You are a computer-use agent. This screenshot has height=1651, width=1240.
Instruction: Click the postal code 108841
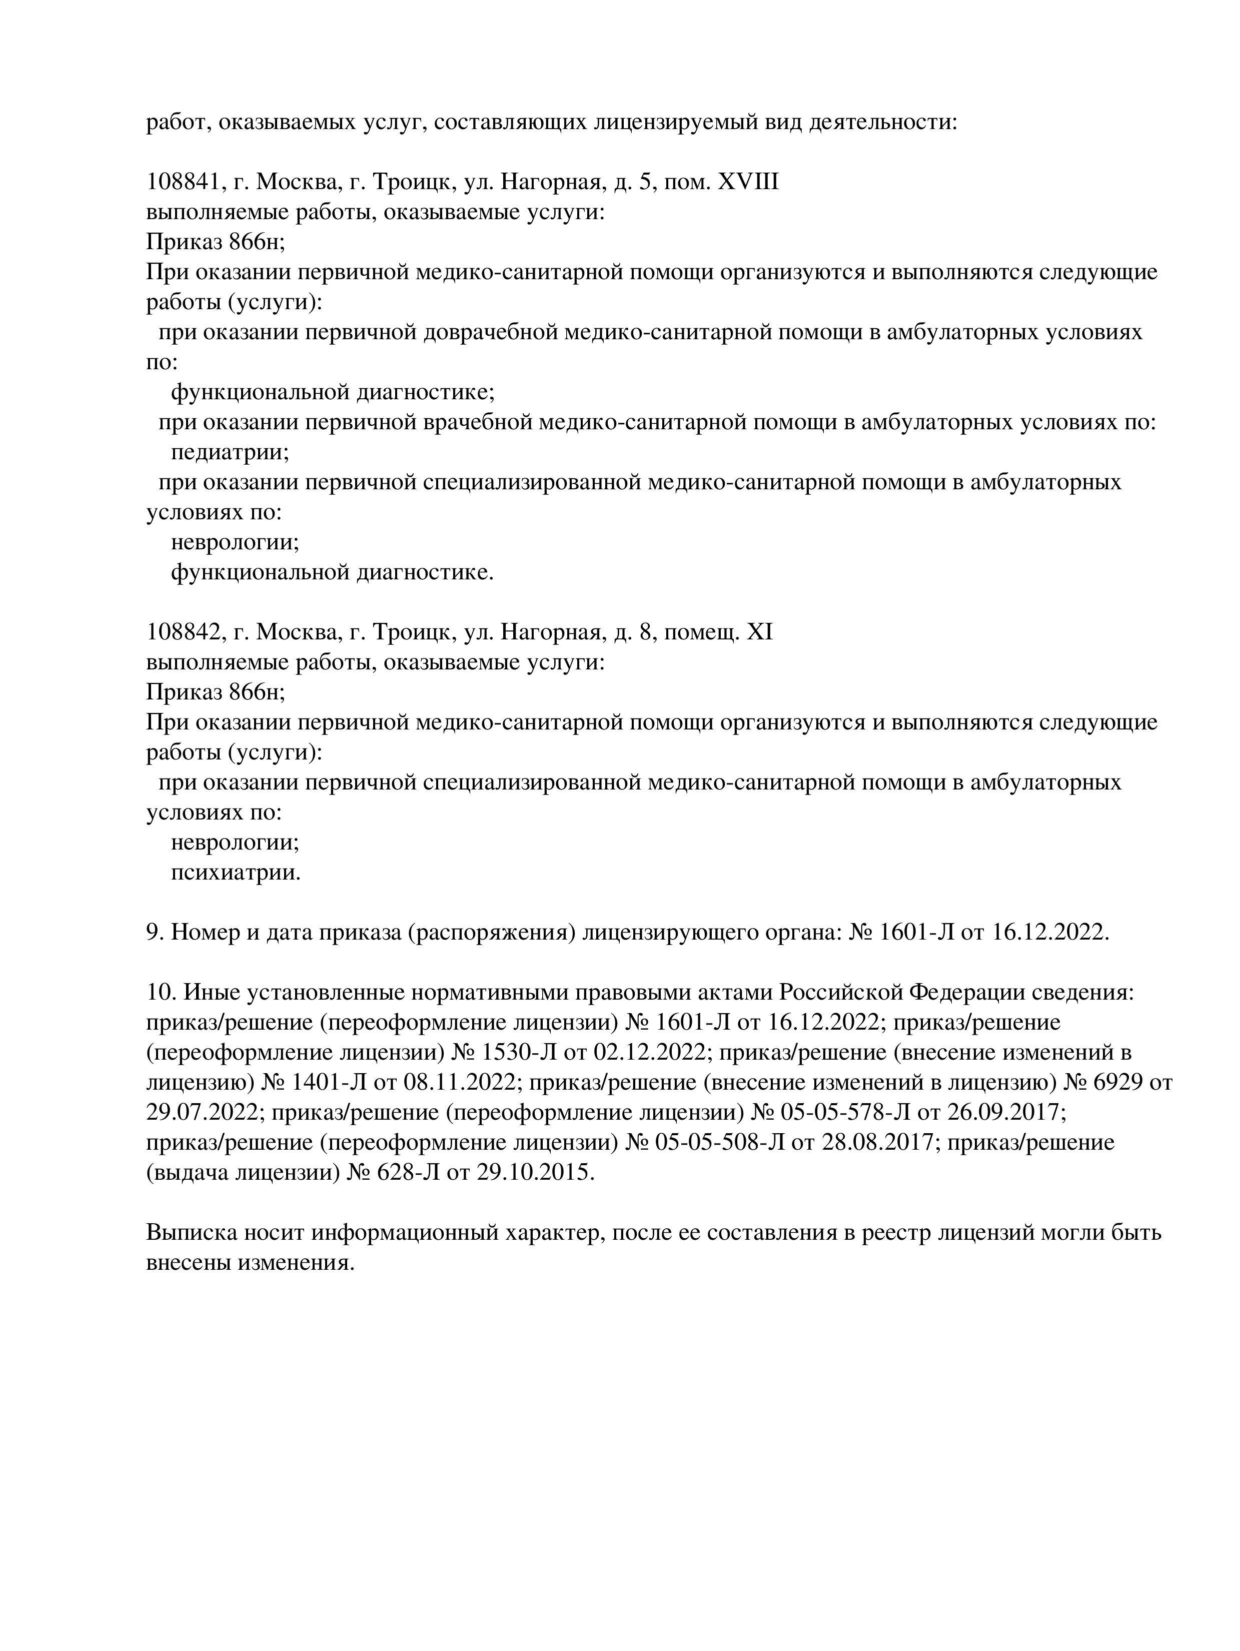[x=182, y=182]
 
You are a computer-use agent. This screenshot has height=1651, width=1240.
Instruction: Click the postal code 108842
[x=182, y=633]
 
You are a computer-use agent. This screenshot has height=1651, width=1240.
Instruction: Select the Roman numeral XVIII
[x=748, y=182]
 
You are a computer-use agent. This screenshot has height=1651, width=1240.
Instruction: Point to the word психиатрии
[x=236, y=873]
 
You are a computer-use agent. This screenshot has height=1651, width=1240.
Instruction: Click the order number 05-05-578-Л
[x=845, y=1113]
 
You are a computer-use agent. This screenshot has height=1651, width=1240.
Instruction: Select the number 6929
[x=1114, y=1083]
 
